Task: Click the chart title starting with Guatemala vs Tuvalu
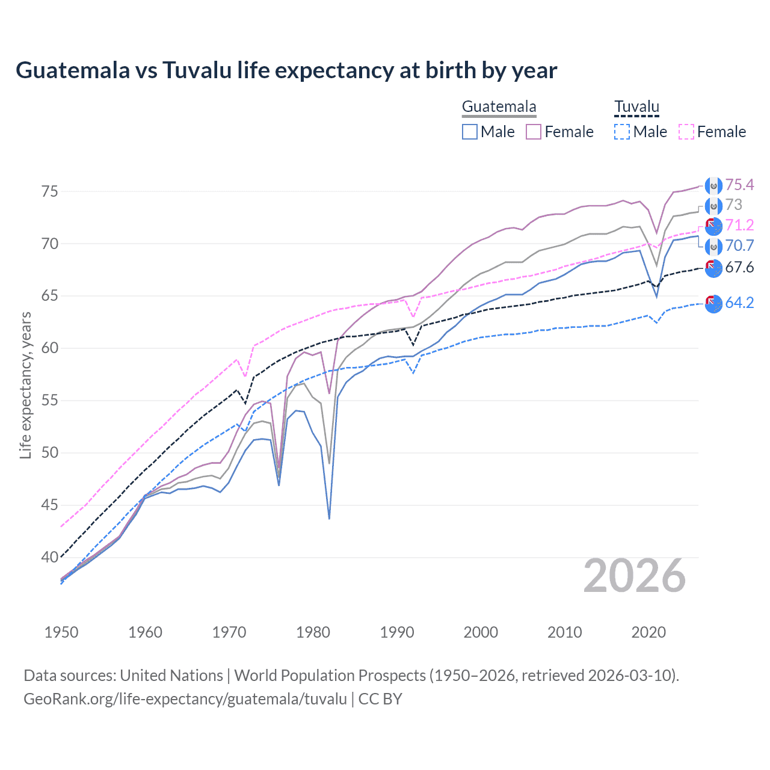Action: [286, 70]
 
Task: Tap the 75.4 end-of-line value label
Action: [739, 185]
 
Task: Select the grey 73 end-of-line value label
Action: [733, 205]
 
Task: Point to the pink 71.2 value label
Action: [739, 225]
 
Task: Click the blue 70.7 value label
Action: [739, 245]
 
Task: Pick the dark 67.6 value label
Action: [739, 267]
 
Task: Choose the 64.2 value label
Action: [739, 303]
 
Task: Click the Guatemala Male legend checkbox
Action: [470, 132]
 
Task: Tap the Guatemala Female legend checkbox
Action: [534, 132]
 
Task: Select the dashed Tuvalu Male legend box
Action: [622, 132]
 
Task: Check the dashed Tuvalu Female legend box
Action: [686, 132]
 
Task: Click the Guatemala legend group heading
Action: [499, 107]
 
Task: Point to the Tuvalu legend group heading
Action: [636, 107]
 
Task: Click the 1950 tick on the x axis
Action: [61, 632]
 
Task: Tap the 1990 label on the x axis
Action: [397, 632]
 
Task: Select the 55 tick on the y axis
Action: [49, 400]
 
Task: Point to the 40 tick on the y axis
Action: [49, 557]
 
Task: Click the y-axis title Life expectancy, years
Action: [25, 385]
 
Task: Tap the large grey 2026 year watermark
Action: [634, 576]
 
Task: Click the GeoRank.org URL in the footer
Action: [185, 699]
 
